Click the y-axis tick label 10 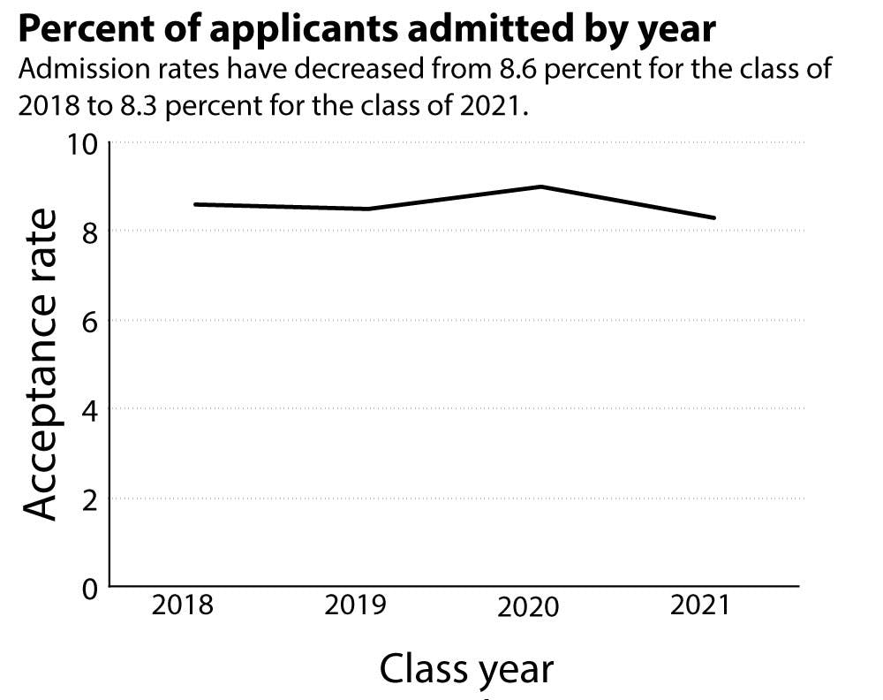coord(80,143)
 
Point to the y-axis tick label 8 coord(88,232)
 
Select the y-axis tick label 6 coord(88,321)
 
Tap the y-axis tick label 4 coord(88,410)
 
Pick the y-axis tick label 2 coord(88,498)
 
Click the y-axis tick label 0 coord(88,588)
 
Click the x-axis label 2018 coord(182,606)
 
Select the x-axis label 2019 coord(356,606)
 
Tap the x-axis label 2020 coord(529,608)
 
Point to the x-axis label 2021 coord(700,606)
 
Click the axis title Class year coord(466,669)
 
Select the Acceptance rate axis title coord(40,364)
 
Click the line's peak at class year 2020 coord(540,186)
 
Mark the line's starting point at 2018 coord(194,204)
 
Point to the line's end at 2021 coord(714,217)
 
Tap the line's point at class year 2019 coord(367,209)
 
